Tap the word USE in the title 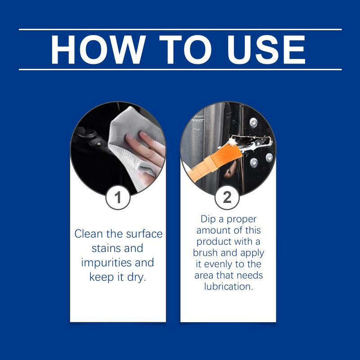(266, 49)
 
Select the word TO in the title (185, 49)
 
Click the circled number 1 (118, 197)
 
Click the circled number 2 (227, 197)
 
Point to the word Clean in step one (88, 234)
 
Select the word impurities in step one (106, 263)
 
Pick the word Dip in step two (208, 219)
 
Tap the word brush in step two (206, 252)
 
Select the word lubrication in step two (229, 287)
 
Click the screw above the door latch (253, 122)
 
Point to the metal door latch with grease (252, 142)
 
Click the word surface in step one (144, 234)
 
